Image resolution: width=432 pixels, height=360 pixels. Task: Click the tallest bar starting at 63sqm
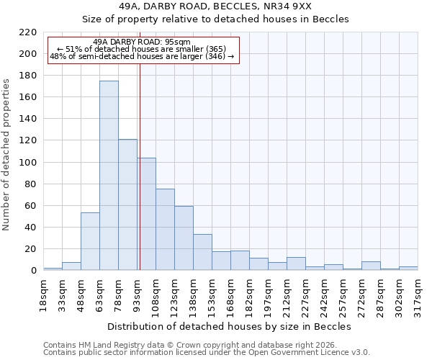point(109,176)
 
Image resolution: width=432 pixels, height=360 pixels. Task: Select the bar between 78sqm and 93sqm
point(127,204)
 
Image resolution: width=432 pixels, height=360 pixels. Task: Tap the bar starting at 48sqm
point(90,241)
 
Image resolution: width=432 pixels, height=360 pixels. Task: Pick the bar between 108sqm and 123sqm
point(165,229)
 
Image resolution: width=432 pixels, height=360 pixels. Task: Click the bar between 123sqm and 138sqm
point(184,238)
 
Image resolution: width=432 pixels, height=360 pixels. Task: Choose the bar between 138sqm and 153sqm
point(202,252)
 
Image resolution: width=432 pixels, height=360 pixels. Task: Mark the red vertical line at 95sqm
point(140,166)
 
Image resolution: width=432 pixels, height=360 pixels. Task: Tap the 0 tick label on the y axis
point(33,271)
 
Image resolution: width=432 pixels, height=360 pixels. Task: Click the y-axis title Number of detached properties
point(6,154)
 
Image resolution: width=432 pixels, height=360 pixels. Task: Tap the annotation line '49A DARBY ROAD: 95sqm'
point(142,42)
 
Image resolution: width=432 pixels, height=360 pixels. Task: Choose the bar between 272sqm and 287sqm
point(371,266)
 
